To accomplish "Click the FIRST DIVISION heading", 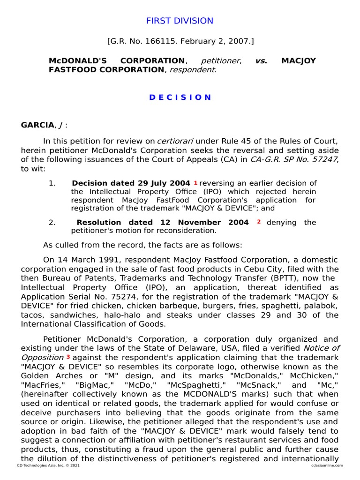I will point(180,21).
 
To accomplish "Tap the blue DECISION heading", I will point(180,97).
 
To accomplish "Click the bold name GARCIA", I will point(37,125).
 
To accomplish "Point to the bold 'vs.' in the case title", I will point(261,61).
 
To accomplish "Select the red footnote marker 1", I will point(195,183).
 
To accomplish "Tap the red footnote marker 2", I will point(258,222).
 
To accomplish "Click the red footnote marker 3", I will point(68,357).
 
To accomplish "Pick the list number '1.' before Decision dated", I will point(52,183).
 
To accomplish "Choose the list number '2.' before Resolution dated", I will point(52,222).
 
